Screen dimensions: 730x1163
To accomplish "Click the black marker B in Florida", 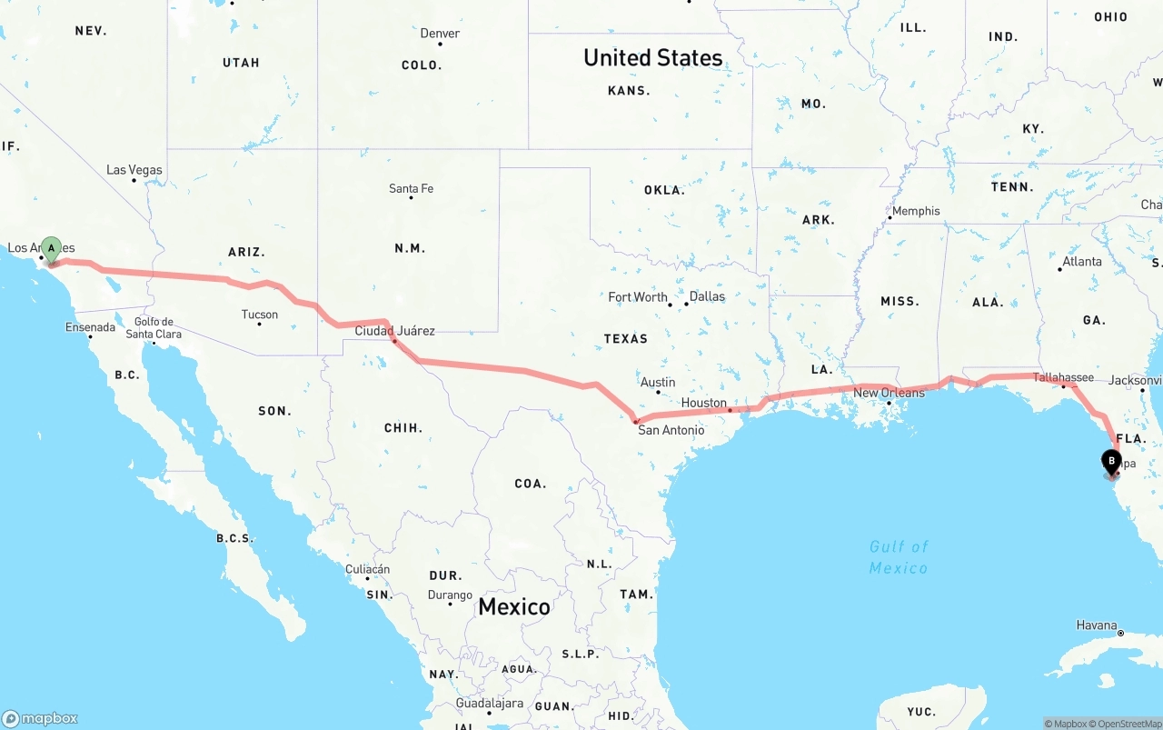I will point(1111,461).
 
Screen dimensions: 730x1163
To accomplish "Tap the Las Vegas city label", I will point(134,170).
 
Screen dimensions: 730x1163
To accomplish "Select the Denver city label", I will point(440,34).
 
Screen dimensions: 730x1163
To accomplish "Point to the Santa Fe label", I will point(411,189).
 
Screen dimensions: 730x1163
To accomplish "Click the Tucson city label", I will point(260,315).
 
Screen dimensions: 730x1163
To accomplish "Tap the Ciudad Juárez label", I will point(394,331).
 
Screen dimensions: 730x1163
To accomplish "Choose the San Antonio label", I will point(671,430).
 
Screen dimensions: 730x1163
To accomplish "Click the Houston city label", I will point(704,403).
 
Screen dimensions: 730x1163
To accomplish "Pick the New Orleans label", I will point(889,393).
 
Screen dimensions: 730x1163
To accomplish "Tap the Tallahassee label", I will point(1063,377).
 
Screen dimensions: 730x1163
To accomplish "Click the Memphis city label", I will point(916,211).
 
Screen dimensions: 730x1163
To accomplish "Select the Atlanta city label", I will point(1082,262).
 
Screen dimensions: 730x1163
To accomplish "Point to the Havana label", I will point(1097,625).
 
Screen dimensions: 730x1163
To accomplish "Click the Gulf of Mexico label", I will point(899,557).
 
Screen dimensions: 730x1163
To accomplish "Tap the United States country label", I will point(652,57).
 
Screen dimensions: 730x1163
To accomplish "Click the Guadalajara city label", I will point(490,704).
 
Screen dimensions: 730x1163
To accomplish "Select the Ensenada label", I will point(90,327).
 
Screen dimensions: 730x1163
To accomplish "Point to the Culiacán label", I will point(367,570).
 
